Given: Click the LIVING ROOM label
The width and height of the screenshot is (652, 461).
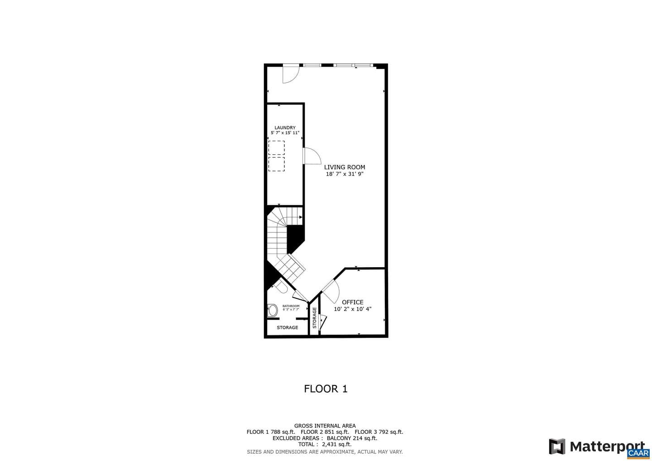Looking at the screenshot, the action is point(344,167).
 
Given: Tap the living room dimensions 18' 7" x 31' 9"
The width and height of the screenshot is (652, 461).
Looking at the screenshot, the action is point(345,174).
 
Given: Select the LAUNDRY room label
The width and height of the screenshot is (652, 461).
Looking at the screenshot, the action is point(285,127).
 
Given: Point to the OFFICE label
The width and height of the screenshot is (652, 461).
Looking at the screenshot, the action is point(352,302).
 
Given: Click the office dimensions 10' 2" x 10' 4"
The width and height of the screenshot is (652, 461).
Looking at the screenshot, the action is point(352,309).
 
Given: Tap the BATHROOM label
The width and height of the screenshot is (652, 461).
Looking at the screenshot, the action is point(291,306).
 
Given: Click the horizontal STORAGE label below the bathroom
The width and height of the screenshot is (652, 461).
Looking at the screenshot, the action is point(287,327).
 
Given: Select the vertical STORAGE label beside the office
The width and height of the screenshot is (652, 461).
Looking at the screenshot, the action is point(314,317).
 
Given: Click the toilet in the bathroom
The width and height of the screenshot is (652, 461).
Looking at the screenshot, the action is point(281,286).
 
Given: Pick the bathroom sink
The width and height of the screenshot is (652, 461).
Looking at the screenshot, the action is point(273,311).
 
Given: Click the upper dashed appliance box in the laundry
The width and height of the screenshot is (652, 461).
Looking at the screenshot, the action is point(277,148).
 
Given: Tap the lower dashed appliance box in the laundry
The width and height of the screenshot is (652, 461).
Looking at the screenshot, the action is point(277,164).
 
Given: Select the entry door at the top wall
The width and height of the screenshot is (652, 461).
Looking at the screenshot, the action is point(291,74).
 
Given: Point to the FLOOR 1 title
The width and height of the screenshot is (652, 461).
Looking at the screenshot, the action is point(326,389).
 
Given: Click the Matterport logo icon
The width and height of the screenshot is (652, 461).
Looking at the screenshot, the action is point(557,447).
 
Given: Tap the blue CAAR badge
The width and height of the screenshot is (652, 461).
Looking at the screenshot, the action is point(638,453).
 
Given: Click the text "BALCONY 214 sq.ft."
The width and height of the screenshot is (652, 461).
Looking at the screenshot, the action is point(352,438).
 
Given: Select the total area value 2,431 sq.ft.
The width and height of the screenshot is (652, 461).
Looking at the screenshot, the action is point(337,444).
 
